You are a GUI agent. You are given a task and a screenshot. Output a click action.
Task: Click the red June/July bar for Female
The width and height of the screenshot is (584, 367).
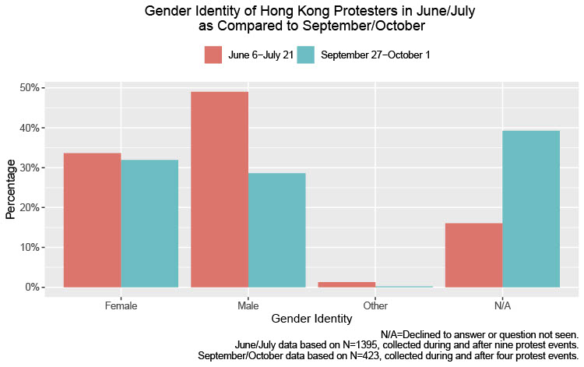pyautogui.click(x=92, y=220)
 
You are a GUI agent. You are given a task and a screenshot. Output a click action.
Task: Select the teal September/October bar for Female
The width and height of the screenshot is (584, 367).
pyautogui.click(x=150, y=223)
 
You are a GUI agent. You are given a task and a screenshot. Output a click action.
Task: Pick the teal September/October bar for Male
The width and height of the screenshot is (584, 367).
pyautogui.click(x=277, y=230)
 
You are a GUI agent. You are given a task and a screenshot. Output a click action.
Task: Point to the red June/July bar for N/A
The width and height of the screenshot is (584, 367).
pyautogui.click(x=473, y=255)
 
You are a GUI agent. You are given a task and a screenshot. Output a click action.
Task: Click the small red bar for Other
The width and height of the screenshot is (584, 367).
pyautogui.click(x=347, y=284)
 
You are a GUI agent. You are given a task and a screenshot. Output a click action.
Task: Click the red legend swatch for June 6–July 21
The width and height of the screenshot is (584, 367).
pyautogui.click(x=213, y=55)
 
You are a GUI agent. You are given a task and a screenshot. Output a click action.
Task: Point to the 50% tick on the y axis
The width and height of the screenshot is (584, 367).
pyautogui.click(x=30, y=88)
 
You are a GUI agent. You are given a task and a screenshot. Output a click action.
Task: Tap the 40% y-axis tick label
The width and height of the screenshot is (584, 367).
pyautogui.click(x=30, y=128)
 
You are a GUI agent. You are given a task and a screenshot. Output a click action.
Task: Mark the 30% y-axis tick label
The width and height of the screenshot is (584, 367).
pyautogui.click(x=30, y=168)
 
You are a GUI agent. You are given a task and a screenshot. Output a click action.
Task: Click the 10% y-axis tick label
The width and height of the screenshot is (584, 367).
pyautogui.click(x=30, y=248)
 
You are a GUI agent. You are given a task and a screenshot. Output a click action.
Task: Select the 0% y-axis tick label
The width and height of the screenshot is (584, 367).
pyautogui.click(x=32, y=288)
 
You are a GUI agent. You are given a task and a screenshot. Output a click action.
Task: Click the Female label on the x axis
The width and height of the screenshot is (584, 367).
pyautogui.click(x=121, y=305)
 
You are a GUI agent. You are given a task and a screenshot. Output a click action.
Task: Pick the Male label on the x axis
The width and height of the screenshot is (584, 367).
pyautogui.click(x=248, y=305)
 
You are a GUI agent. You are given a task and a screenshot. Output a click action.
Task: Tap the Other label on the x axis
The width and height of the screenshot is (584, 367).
pyautogui.click(x=375, y=305)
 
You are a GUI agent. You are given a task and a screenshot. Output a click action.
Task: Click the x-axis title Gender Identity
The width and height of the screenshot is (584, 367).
pyautogui.click(x=311, y=319)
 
